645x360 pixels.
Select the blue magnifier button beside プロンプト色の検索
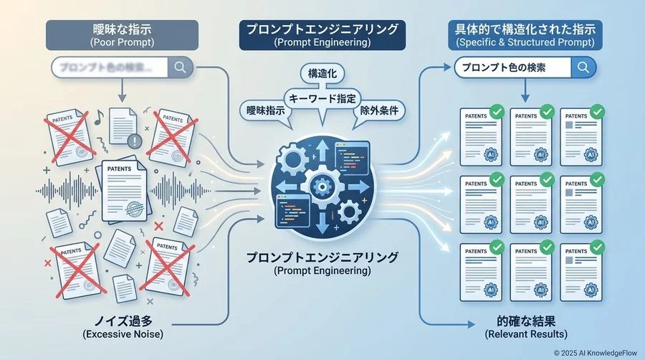point(583,67)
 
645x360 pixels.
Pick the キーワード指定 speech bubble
point(322,98)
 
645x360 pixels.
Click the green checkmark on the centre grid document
point(547,179)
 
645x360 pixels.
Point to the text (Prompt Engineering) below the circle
point(322,271)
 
